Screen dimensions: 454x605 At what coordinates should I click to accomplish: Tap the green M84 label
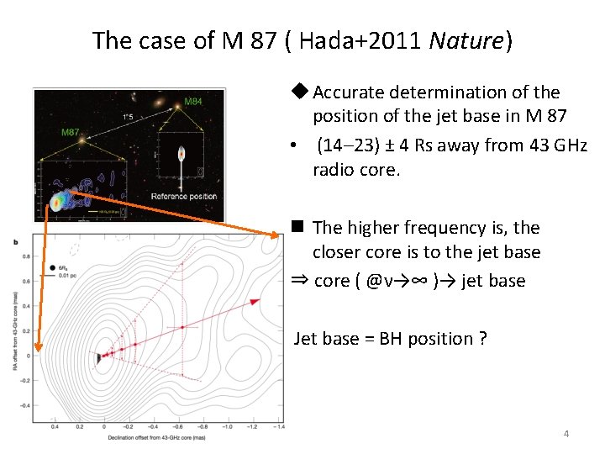pyautogui.click(x=193, y=102)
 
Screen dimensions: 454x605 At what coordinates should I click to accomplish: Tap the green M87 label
pyautogui.click(x=69, y=131)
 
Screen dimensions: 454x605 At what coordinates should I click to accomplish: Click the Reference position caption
pyautogui.click(x=184, y=197)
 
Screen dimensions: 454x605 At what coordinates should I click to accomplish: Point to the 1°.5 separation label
pyautogui.click(x=129, y=116)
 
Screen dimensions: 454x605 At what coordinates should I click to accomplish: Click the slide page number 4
pyautogui.click(x=566, y=434)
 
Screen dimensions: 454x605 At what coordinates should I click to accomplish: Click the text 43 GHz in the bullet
pyautogui.click(x=554, y=145)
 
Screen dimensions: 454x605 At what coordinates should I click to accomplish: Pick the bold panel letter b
pyautogui.click(x=16, y=242)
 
